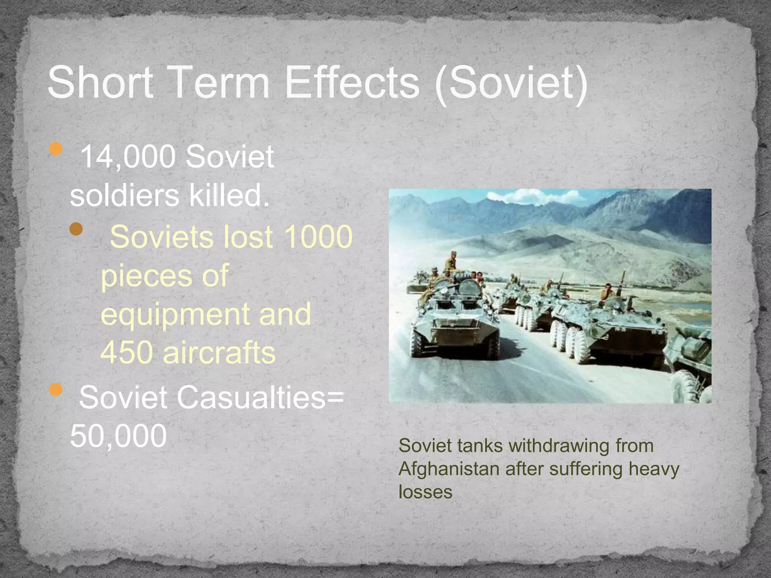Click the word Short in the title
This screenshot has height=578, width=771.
tap(101, 82)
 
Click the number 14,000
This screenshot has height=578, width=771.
tap(128, 156)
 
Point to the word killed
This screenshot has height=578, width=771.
tap(229, 195)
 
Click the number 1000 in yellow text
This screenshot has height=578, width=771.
tap(318, 237)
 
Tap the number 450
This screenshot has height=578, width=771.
tap(126, 352)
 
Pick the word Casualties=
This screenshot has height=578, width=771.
tap(260, 397)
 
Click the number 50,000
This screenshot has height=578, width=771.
tap(118, 436)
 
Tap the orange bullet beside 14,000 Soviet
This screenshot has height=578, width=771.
tap(56, 149)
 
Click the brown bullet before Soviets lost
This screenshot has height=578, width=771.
tap(76, 229)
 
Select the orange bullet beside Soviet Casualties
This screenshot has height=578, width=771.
tap(56, 389)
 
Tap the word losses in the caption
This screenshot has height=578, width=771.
tap(425, 492)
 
